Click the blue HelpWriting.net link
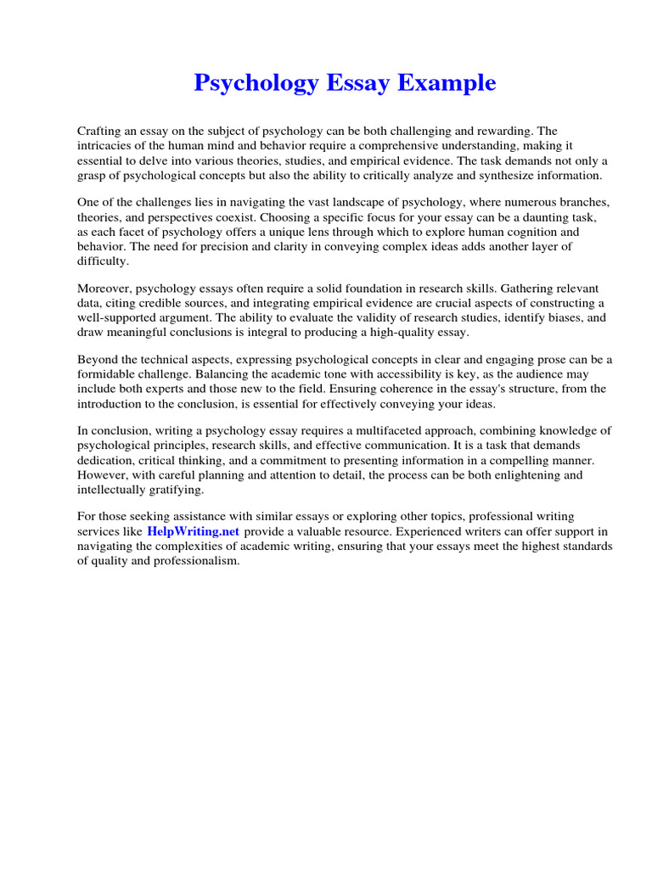click(194, 531)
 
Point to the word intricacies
click(106, 146)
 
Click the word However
click(103, 474)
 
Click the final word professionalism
click(193, 560)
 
